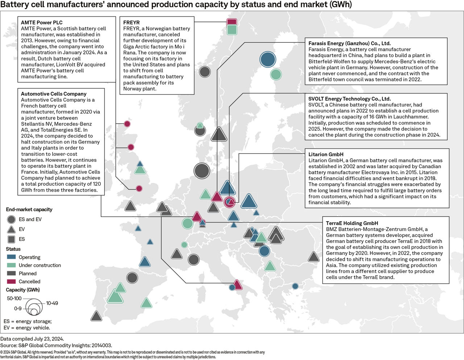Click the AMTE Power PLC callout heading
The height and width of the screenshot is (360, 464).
click(x=42, y=22)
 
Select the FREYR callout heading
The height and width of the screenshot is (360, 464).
click(x=131, y=22)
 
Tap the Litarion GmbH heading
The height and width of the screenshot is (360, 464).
click(x=326, y=154)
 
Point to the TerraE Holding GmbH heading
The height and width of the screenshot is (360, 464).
click(x=352, y=223)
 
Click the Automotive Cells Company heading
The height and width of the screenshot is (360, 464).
click(x=54, y=94)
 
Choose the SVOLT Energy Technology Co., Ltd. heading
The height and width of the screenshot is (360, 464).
click(x=349, y=99)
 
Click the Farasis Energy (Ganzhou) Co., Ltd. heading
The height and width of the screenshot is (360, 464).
click(x=349, y=43)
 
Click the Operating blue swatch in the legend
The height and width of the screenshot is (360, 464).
click(x=11, y=257)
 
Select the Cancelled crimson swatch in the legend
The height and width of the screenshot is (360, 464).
click(x=11, y=281)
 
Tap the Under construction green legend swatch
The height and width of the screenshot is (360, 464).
click(x=11, y=265)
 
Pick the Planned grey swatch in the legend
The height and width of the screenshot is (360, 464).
click(x=11, y=273)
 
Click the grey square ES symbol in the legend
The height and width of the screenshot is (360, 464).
click(x=11, y=239)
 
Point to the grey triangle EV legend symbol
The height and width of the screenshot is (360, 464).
click(x=11, y=230)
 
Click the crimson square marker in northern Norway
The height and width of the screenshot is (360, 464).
click(x=232, y=22)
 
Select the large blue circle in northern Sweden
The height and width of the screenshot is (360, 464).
click(x=268, y=59)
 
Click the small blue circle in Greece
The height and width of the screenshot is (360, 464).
click(x=295, y=286)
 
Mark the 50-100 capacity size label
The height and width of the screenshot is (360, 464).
click(x=14, y=298)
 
